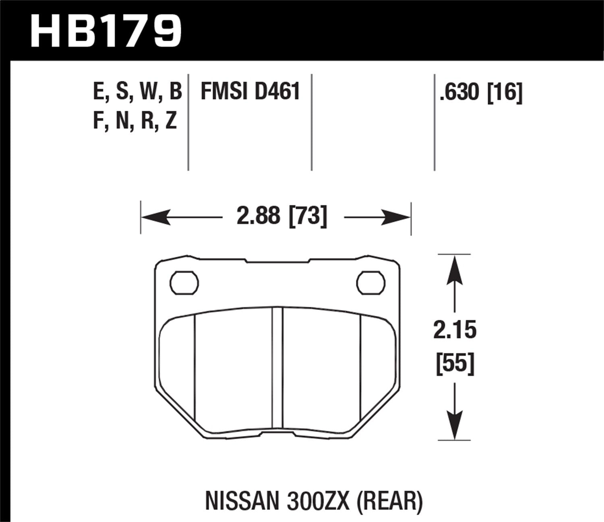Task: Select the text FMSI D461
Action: (250, 91)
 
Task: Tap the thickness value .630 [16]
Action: (481, 92)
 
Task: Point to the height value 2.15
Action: (455, 330)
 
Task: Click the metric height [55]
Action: (455, 364)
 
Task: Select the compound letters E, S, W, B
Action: (137, 91)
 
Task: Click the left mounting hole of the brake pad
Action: (184, 283)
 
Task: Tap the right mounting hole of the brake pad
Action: (371, 283)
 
